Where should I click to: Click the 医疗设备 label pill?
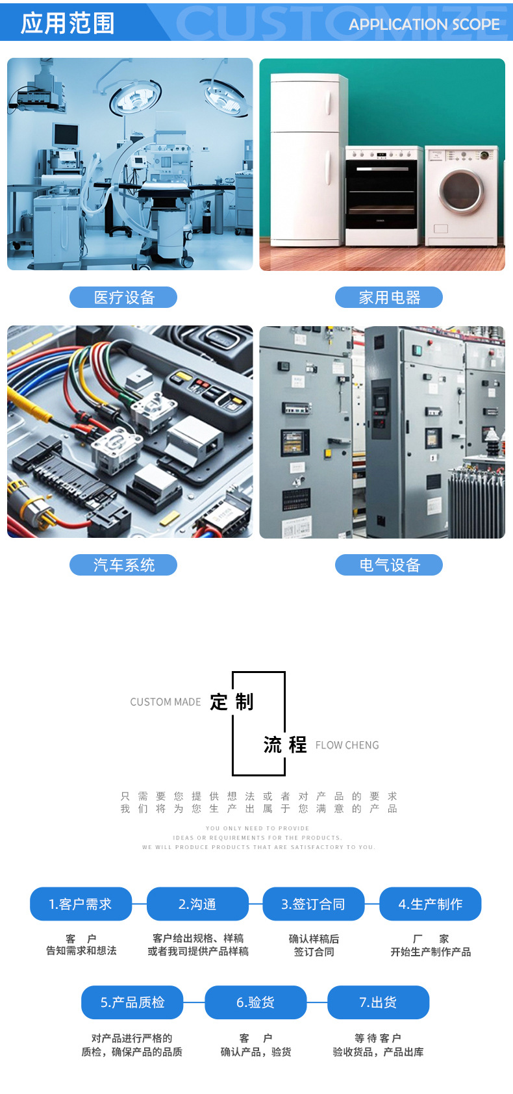click(123, 298)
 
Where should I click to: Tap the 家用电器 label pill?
click(389, 298)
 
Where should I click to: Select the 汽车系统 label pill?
click(123, 565)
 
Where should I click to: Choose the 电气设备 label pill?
click(389, 565)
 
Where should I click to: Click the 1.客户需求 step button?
click(81, 904)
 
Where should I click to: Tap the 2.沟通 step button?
click(197, 904)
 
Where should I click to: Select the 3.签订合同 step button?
click(313, 904)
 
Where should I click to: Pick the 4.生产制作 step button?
click(430, 904)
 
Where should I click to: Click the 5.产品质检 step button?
click(132, 1002)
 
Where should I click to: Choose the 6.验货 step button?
click(255, 1002)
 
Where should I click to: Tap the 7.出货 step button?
click(378, 1002)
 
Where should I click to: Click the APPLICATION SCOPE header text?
click(424, 25)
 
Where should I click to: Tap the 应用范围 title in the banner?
click(68, 23)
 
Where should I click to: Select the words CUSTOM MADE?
click(166, 702)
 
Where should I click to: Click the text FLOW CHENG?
click(347, 745)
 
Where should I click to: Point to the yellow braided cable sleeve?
click(29, 402)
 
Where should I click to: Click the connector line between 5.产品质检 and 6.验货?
click(194, 1002)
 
